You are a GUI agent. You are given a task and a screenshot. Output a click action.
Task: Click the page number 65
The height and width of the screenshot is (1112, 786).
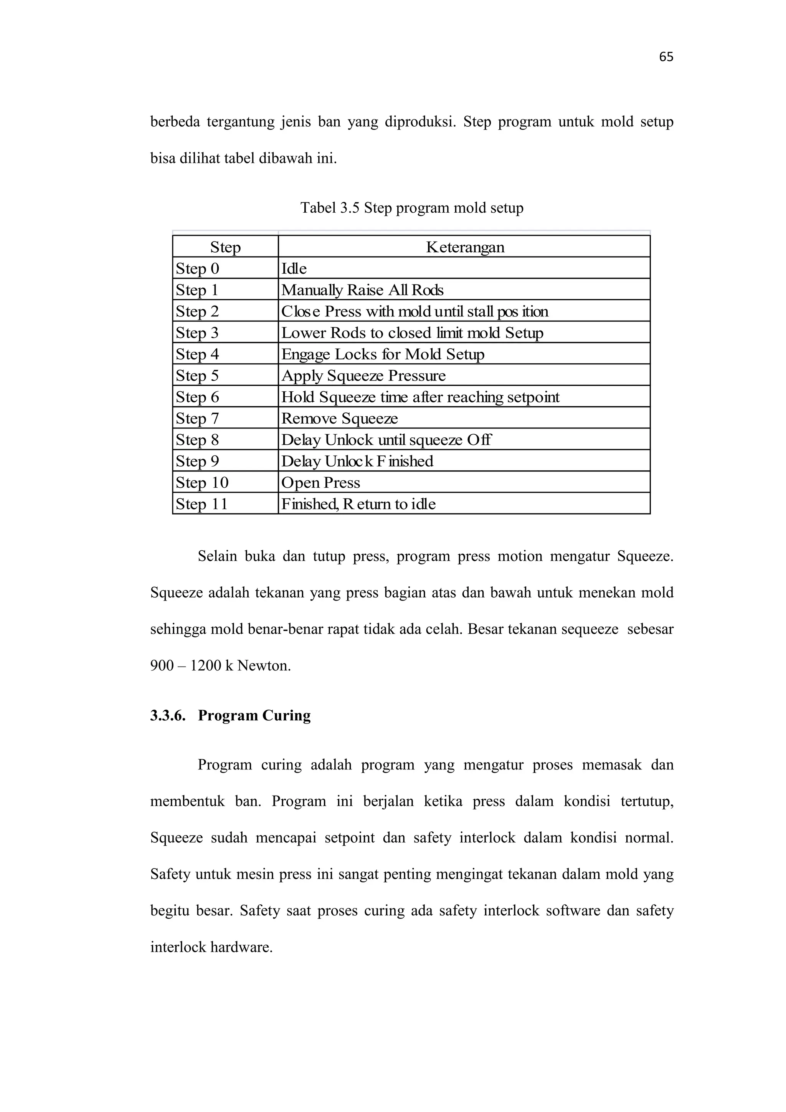666,57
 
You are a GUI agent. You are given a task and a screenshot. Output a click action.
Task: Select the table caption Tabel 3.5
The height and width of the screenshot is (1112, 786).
411,208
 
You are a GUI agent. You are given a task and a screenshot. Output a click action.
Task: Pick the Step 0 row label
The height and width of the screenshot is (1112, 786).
198,268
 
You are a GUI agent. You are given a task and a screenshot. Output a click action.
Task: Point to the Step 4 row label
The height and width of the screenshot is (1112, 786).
198,354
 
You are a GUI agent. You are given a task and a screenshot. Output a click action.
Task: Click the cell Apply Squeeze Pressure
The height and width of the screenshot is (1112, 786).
363,376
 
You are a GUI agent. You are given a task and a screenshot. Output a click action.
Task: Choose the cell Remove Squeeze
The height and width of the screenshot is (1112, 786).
339,419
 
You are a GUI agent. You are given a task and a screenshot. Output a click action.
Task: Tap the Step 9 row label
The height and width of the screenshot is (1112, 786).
198,461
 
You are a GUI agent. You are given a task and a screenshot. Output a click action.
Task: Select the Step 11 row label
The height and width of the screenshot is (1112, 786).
201,504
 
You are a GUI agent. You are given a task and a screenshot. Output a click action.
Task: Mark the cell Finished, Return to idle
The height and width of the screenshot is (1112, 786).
358,504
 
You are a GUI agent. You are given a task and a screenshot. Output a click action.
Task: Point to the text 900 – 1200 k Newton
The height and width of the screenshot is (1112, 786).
220,665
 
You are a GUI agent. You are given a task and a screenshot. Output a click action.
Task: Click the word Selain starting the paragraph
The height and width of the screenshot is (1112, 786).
217,556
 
